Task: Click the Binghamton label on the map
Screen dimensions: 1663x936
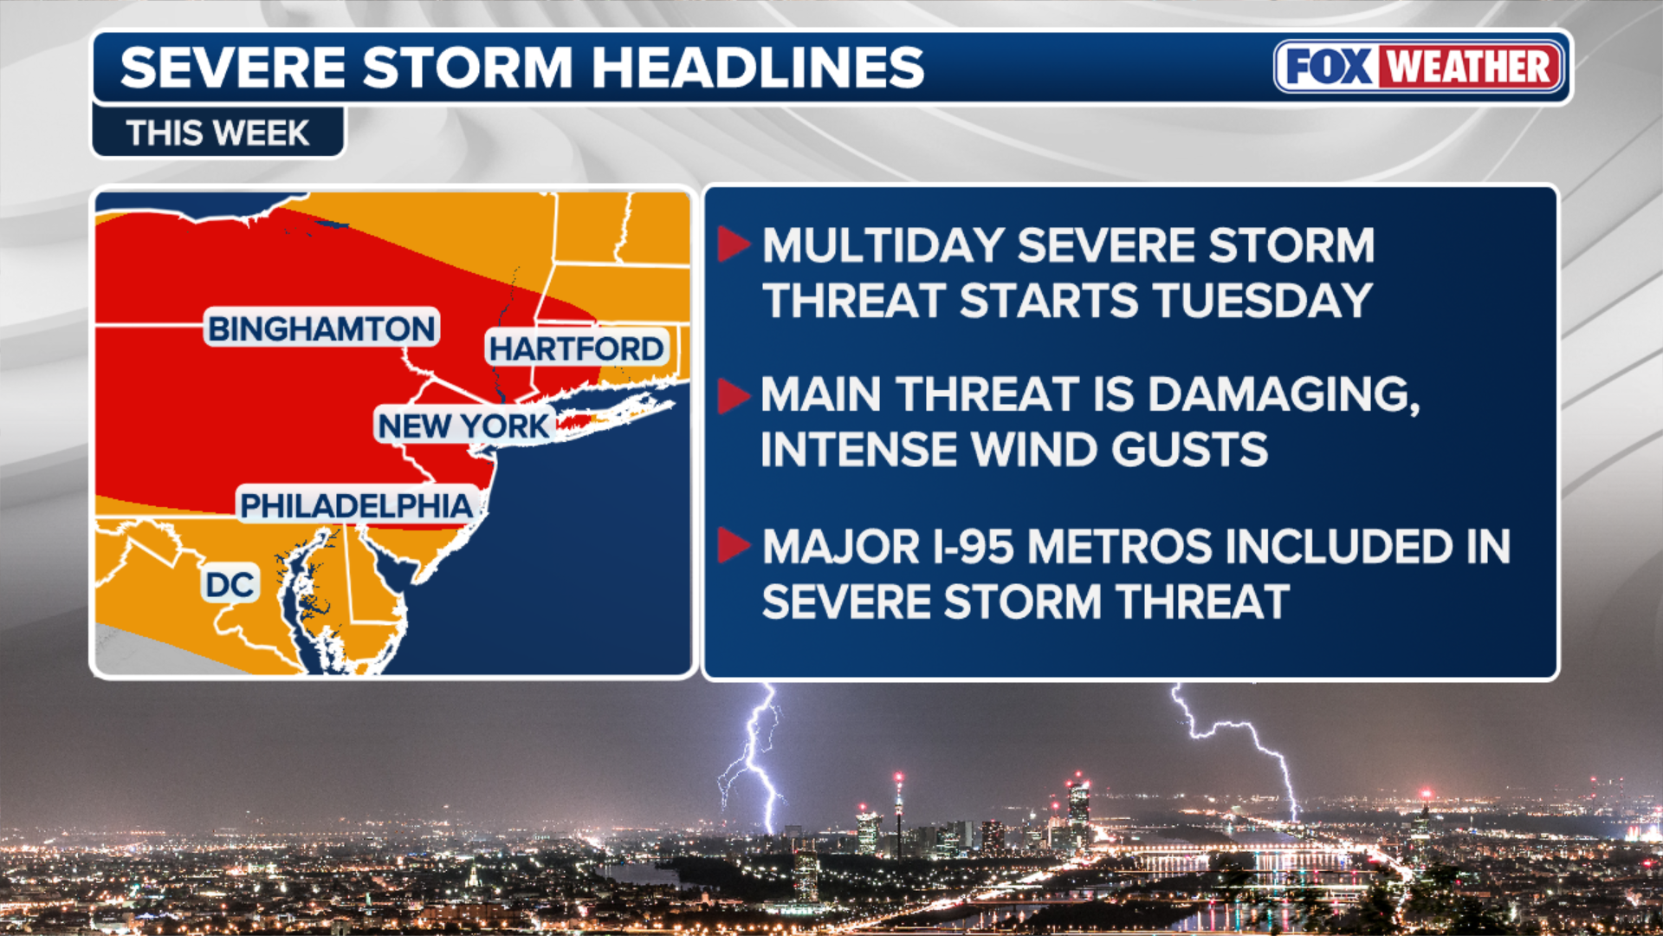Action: point(322,328)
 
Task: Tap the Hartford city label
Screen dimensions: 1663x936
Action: point(577,348)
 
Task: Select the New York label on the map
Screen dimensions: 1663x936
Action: point(464,426)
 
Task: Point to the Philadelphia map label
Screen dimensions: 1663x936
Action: point(357,505)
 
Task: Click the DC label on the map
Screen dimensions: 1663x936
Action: point(230,585)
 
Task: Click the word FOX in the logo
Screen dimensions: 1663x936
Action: point(1329,67)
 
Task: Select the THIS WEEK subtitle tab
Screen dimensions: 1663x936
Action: point(217,133)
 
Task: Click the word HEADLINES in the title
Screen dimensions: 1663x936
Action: point(758,68)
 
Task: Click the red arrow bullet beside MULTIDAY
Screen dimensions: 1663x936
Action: point(734,245)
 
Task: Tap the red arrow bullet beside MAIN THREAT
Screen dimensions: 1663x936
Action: point(734,395)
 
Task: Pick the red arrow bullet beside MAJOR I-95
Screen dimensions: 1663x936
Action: point(734,545)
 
